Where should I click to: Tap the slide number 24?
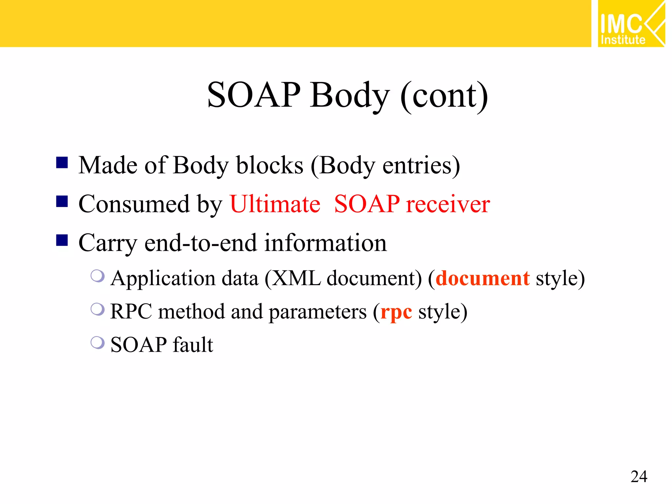639,476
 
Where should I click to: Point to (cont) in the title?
444,96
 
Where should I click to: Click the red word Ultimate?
275,204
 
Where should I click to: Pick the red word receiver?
448,204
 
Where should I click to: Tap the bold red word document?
482,279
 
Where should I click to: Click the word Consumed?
134,204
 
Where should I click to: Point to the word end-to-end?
200,243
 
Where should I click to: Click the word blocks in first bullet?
270,165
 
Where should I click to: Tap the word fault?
193,345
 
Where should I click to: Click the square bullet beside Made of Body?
62,162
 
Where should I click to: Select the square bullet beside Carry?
62,240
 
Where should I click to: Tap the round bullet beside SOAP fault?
97,343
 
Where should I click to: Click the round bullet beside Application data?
97,276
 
